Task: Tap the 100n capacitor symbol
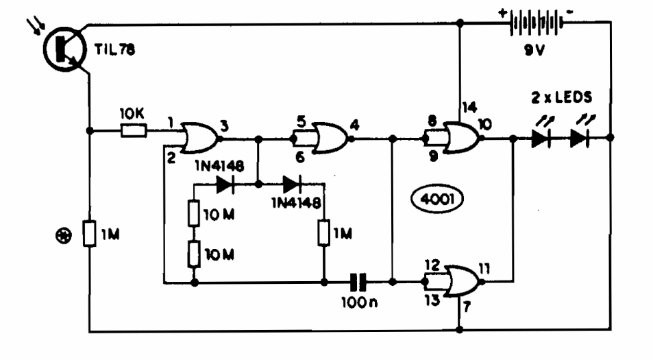pyautogui.click(x=358, y=281)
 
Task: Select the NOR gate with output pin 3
pyautogui.click(x=199, y=138)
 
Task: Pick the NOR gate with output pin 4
pyautogui.click(x=329, y=137)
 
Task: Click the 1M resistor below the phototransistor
pyautogui.click(x=88, y=234)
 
